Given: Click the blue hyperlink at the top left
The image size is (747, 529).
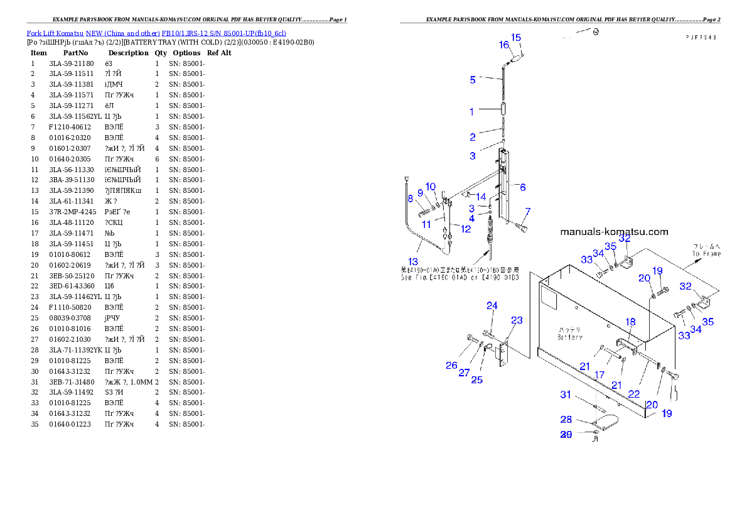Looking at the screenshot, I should [156, 33].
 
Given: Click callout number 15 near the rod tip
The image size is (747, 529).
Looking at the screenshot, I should [516, 38].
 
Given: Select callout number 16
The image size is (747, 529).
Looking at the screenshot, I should [504, 45].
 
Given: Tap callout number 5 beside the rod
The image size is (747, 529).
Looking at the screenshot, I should [473, 80].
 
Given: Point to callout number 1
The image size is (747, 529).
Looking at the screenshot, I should [471, 112].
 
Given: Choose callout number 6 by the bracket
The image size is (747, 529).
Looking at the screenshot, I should [523, 187].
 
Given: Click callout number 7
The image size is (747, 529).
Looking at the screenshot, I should [528, 211].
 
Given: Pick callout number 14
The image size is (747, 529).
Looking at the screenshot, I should [481, 197].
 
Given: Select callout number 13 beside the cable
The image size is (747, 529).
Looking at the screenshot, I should [412, 261].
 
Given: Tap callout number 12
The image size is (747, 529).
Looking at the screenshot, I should [466, 229].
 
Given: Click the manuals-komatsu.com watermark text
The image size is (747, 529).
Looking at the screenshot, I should [614, 232].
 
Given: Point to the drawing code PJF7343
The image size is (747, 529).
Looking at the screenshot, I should [701, 38].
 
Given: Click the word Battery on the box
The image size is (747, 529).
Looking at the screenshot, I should [570, 337].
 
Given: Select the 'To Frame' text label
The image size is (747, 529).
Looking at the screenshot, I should [707, 254].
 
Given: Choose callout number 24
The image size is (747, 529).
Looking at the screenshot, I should [492, 306].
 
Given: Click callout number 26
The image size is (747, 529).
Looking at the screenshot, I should [451, 366].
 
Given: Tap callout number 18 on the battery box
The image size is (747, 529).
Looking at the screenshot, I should [630, 322].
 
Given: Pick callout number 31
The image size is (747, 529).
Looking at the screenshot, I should [566, 395].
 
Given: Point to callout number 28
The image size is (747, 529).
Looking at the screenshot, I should [566, 420].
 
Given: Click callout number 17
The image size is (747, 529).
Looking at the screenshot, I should [599, 375].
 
